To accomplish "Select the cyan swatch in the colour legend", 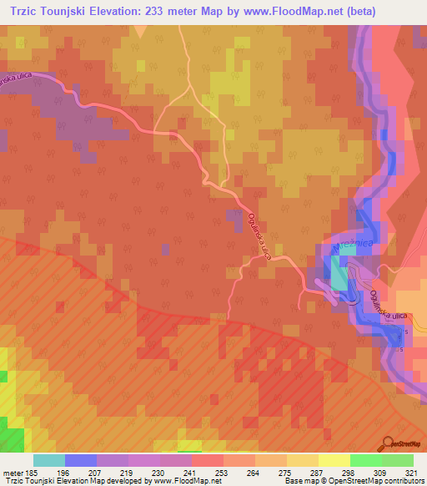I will [x=49, y=460].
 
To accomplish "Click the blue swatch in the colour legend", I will [x=81, y=460].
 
